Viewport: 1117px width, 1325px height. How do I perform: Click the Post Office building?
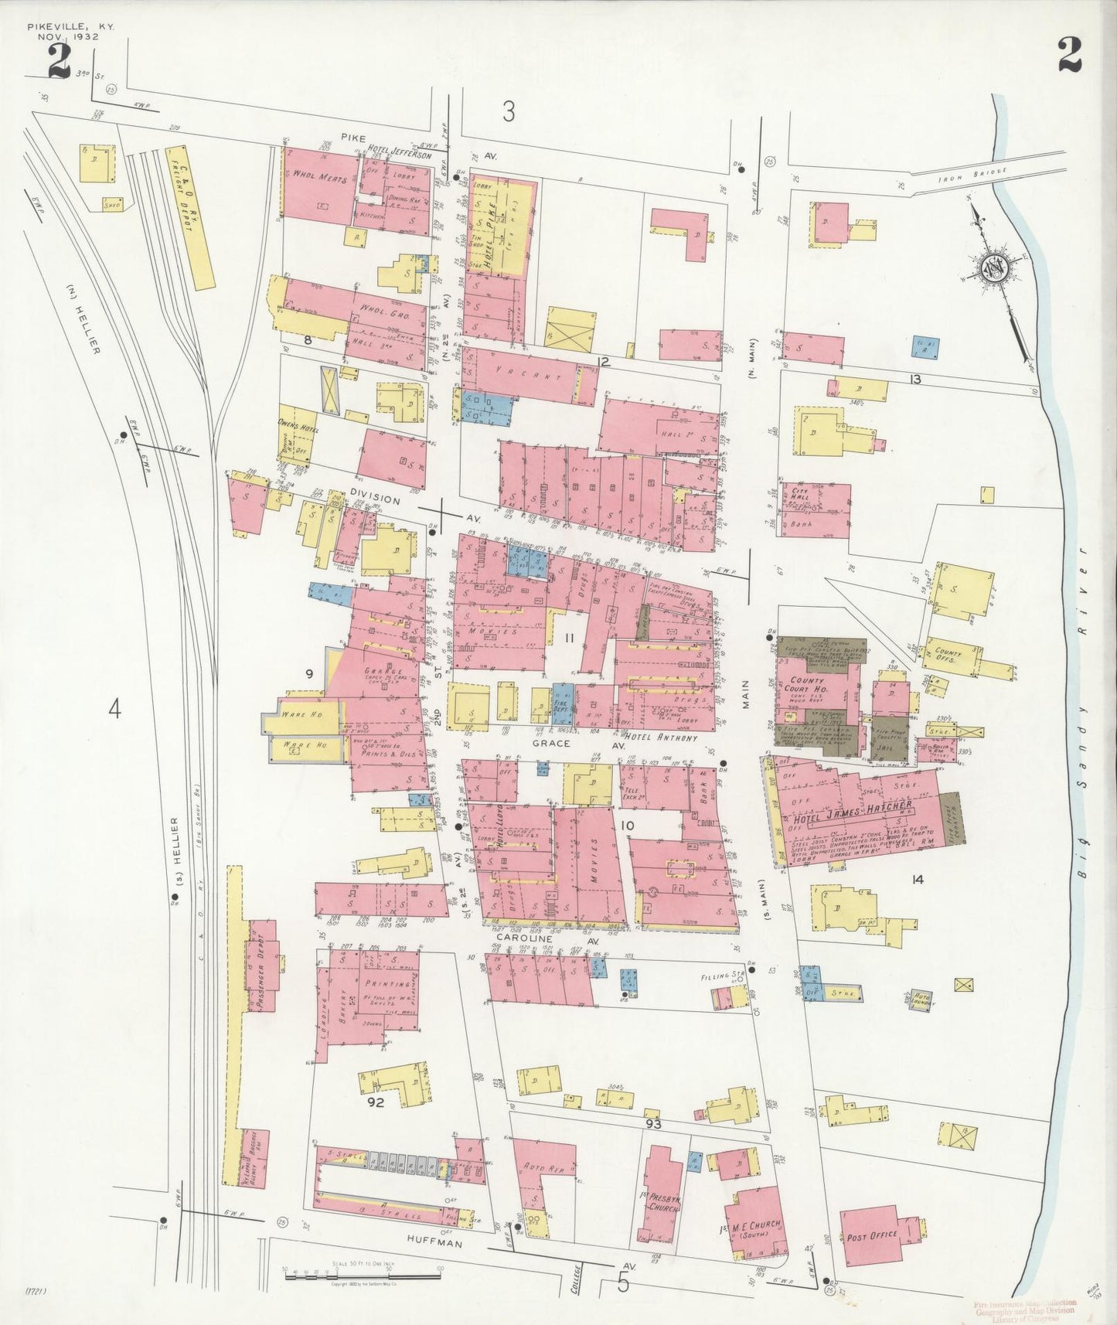pyautogui.click(x=873, y=1235)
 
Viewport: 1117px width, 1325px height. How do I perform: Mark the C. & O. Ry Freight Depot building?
pyautogui.click(x=189, y=217)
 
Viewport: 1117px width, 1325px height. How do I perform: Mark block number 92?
pyautogui.click(x=376, y=1102)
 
